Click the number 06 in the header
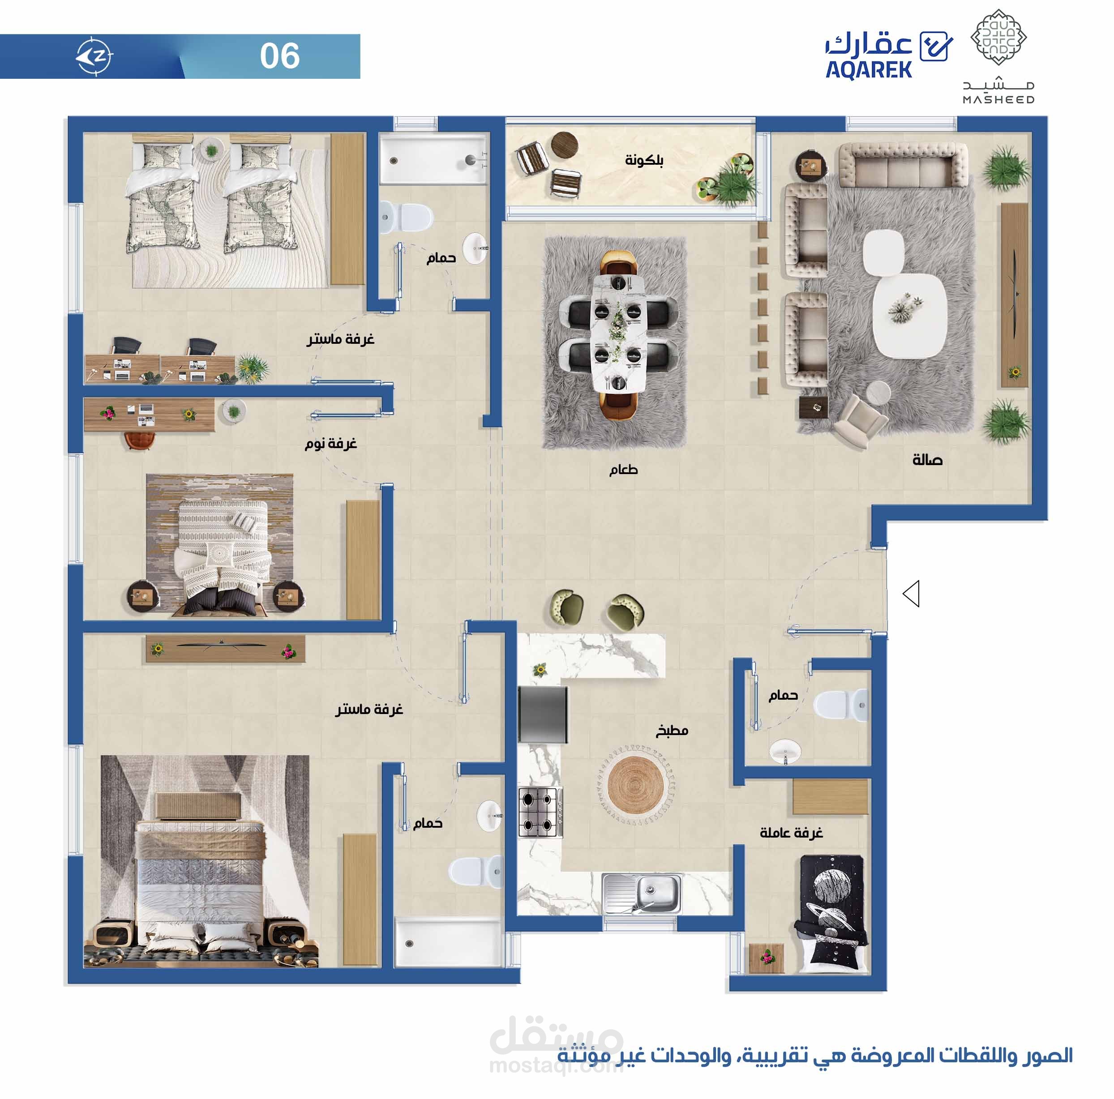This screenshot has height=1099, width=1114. point(280,56)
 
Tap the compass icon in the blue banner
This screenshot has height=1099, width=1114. point(94,56)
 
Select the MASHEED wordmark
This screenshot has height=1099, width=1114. point(998,99)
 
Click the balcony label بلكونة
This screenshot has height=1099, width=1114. point(644,160)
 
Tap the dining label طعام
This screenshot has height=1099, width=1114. point(623,469)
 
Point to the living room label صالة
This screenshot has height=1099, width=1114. point(927,460)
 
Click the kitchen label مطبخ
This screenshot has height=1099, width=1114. point(672,731)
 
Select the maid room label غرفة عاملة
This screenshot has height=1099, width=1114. point(791,833)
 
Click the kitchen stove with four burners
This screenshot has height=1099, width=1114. point(540,812)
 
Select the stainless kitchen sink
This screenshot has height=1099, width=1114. point(642,893)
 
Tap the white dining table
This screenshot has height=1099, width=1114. point(618,333)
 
